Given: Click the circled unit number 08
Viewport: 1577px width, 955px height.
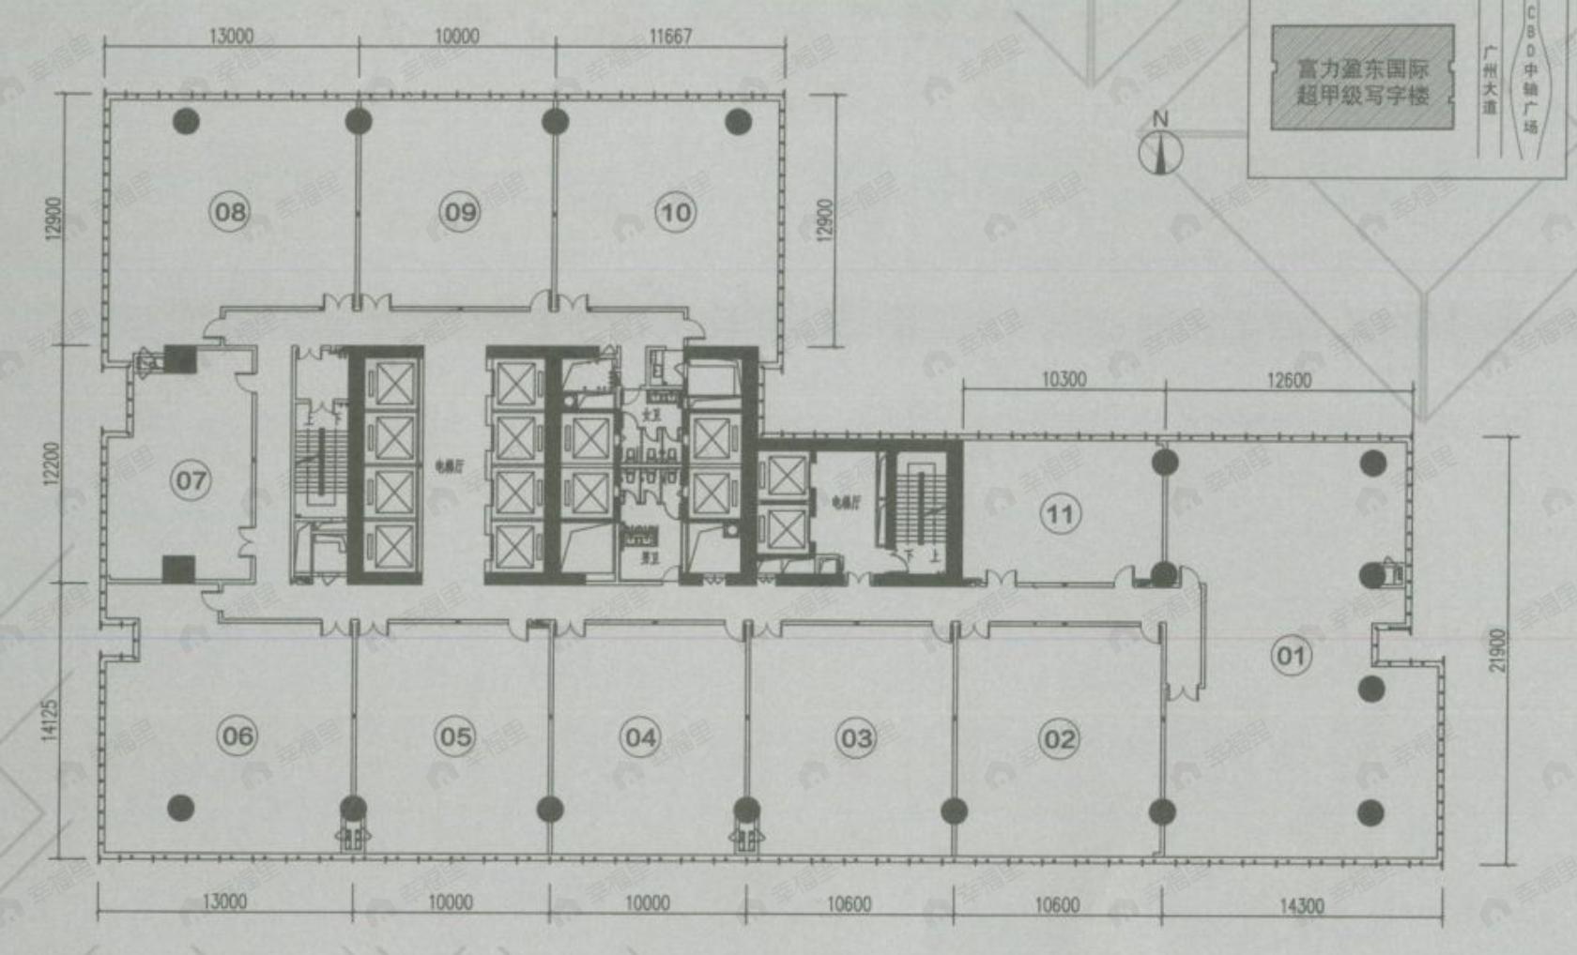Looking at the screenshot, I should tap(230, 212).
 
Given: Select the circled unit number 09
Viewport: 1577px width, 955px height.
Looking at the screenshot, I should tap(460, 212).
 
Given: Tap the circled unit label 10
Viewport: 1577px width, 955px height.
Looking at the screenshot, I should tap(676, 213).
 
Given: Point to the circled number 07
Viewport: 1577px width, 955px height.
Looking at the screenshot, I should tap(191, 481).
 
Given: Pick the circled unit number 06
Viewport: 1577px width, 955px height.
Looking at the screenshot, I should tap(237, 736).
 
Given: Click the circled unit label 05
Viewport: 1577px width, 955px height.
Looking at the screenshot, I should tap(456, 737).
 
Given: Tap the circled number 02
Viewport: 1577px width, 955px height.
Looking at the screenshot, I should tap(1060, 740).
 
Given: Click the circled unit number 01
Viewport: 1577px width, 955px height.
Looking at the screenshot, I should tap(1292, 656).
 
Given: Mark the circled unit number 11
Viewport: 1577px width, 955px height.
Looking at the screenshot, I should tap(1061, 514).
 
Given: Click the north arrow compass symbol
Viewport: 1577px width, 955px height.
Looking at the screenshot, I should tap(1161, 150).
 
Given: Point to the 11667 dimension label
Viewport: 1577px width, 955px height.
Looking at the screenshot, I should tap(670, 37).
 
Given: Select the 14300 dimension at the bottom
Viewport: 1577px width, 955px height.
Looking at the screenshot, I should tap(1302, 906).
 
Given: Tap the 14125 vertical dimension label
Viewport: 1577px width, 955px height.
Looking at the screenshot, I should tap(51, 720).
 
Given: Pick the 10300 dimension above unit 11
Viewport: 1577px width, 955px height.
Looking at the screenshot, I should tap(1064, 379).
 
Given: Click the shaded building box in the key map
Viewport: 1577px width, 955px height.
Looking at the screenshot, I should tap(1362, 78).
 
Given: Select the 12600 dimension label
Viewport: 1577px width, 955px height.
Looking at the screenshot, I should tap(1289, 380).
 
